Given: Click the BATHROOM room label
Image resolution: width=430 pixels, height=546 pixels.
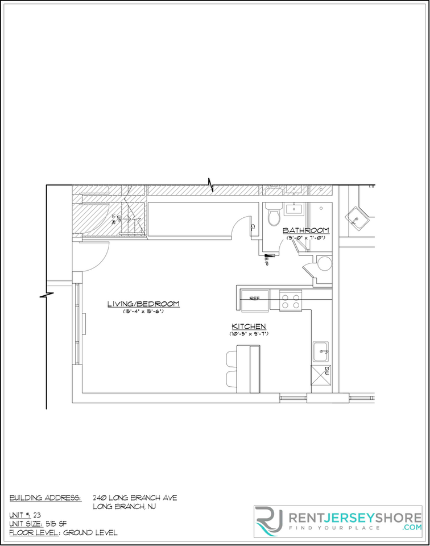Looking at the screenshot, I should click(x=306, y=230).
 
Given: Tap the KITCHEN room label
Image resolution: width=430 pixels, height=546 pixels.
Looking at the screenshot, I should click(x=249, y=326).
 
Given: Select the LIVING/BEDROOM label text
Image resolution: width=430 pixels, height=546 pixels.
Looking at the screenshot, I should click(x=143, y=304).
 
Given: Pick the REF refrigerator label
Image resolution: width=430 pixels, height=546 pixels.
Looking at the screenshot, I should click(x=254, y=297).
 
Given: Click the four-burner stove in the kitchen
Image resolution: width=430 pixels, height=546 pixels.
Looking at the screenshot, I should click(x=290, y=300).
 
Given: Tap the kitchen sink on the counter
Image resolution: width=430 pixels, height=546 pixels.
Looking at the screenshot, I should click(x=321, y=351).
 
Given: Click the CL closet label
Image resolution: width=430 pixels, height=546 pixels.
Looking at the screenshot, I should click(x=253, y=227).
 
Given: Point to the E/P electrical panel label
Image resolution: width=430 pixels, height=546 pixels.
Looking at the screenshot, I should click(x=267, y=260).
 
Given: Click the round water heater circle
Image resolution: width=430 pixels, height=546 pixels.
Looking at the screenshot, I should click(x=324, y=263).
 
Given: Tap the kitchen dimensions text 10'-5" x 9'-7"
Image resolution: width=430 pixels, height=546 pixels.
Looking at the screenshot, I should click(x=249, y=334).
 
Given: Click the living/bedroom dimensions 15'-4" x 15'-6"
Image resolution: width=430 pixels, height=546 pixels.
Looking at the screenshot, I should click(x=143, y=312).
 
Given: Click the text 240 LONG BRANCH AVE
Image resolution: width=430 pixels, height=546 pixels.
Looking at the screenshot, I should click(x=135, y=498).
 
